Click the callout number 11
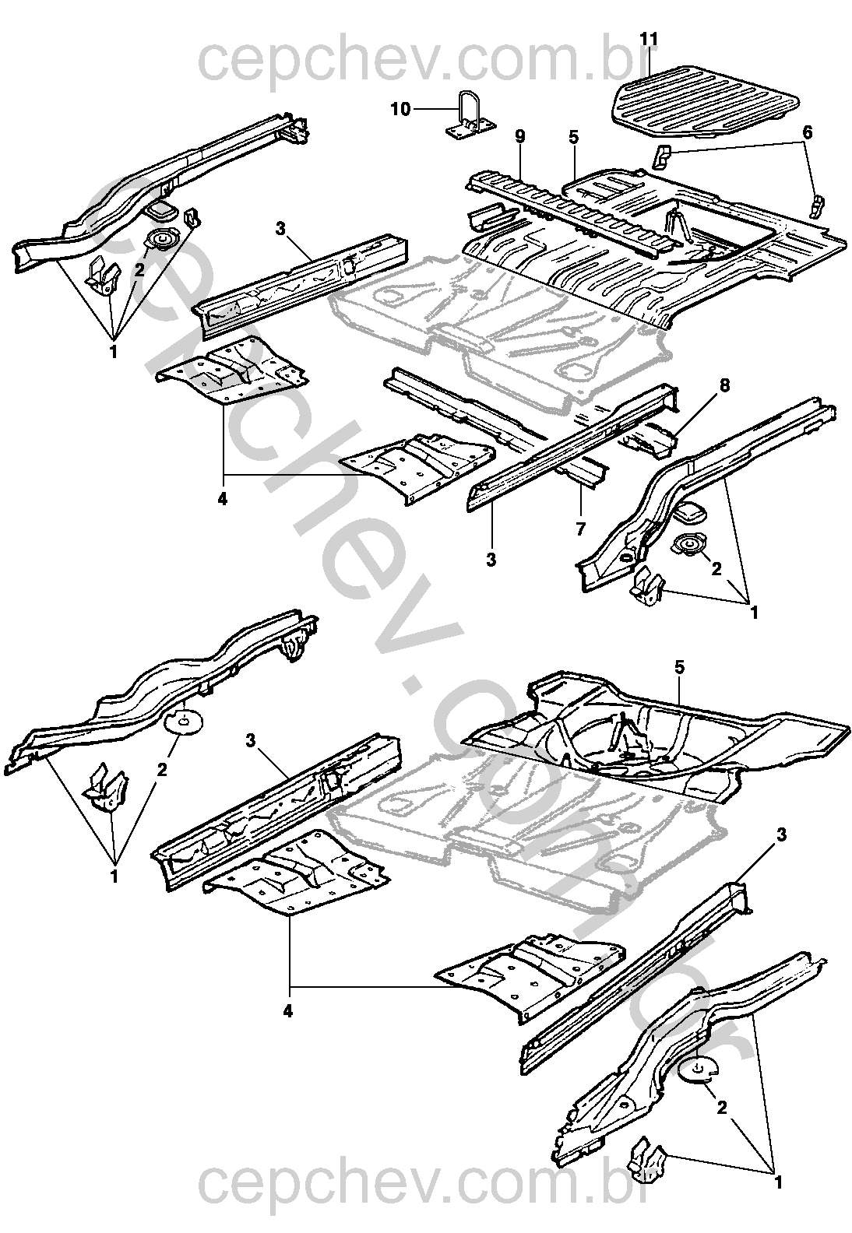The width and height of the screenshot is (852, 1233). pyautogui.click(x=650, y=37)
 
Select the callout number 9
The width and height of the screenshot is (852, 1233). pyautogui.click(x=520, y=136)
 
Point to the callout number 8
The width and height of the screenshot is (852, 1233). pyautogui.click(x=724, y=384)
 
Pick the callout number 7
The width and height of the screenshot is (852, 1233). pyautogui.click(x=580, y=529)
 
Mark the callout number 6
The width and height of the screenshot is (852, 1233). pyautogui.click(x=807, y=132)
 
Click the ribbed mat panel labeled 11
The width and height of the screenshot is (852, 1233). pyautogui.click(x=705, y=97)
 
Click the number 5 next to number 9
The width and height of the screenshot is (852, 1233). pyautogui.click(x=573, y=137)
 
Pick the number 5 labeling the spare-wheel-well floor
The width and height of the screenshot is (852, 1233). pyautogui.click(x=679, y=667)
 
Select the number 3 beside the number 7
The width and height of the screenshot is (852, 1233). pyautogui.click(x=492, y=559)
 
